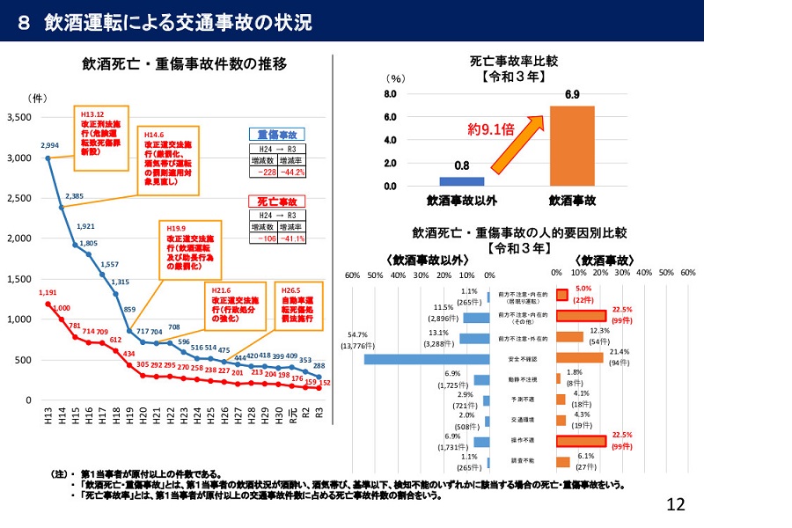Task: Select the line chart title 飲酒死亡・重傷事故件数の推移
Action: (x=184, y=64)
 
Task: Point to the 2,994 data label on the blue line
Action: (x=49, y=145)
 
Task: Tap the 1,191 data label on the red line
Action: (x=48, y=292)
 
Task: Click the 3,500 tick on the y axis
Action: (x=18, y=117)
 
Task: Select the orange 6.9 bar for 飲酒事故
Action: (x=572, y=146)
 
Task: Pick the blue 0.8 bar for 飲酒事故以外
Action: (x=461, y=181)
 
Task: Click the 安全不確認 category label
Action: (x=523, y=359)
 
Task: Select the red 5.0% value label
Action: (x=583, y=289)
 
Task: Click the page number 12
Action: (x=676, y=504)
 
